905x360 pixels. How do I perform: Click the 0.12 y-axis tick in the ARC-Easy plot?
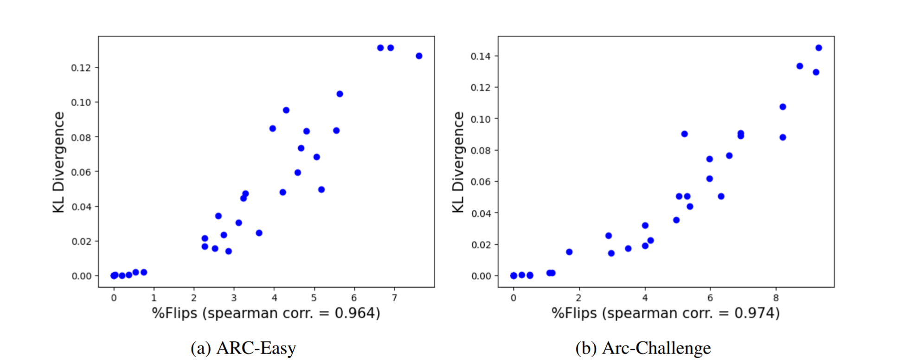pos(81,68)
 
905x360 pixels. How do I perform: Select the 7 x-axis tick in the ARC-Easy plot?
pos(394,298)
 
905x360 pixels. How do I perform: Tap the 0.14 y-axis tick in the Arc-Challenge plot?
pos(481,56)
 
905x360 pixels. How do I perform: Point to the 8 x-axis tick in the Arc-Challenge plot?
pos(776,298)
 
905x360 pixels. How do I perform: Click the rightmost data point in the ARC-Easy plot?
pos(419,56)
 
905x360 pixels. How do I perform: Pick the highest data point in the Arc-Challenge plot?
pos(819,48)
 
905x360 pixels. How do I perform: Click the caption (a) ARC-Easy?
pos(243,348)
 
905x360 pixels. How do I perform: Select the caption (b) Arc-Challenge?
pos(643,348)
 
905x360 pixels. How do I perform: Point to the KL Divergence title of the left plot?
pos(59,162)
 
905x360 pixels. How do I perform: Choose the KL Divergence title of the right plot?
pos(458,162)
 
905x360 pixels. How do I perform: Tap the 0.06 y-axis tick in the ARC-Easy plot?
pos(81,172)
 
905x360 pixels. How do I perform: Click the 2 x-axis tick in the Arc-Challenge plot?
pos(579,298)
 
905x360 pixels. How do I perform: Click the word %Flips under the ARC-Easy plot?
pos(174,314)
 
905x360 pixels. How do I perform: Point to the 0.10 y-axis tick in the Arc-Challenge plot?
pos(481,119)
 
